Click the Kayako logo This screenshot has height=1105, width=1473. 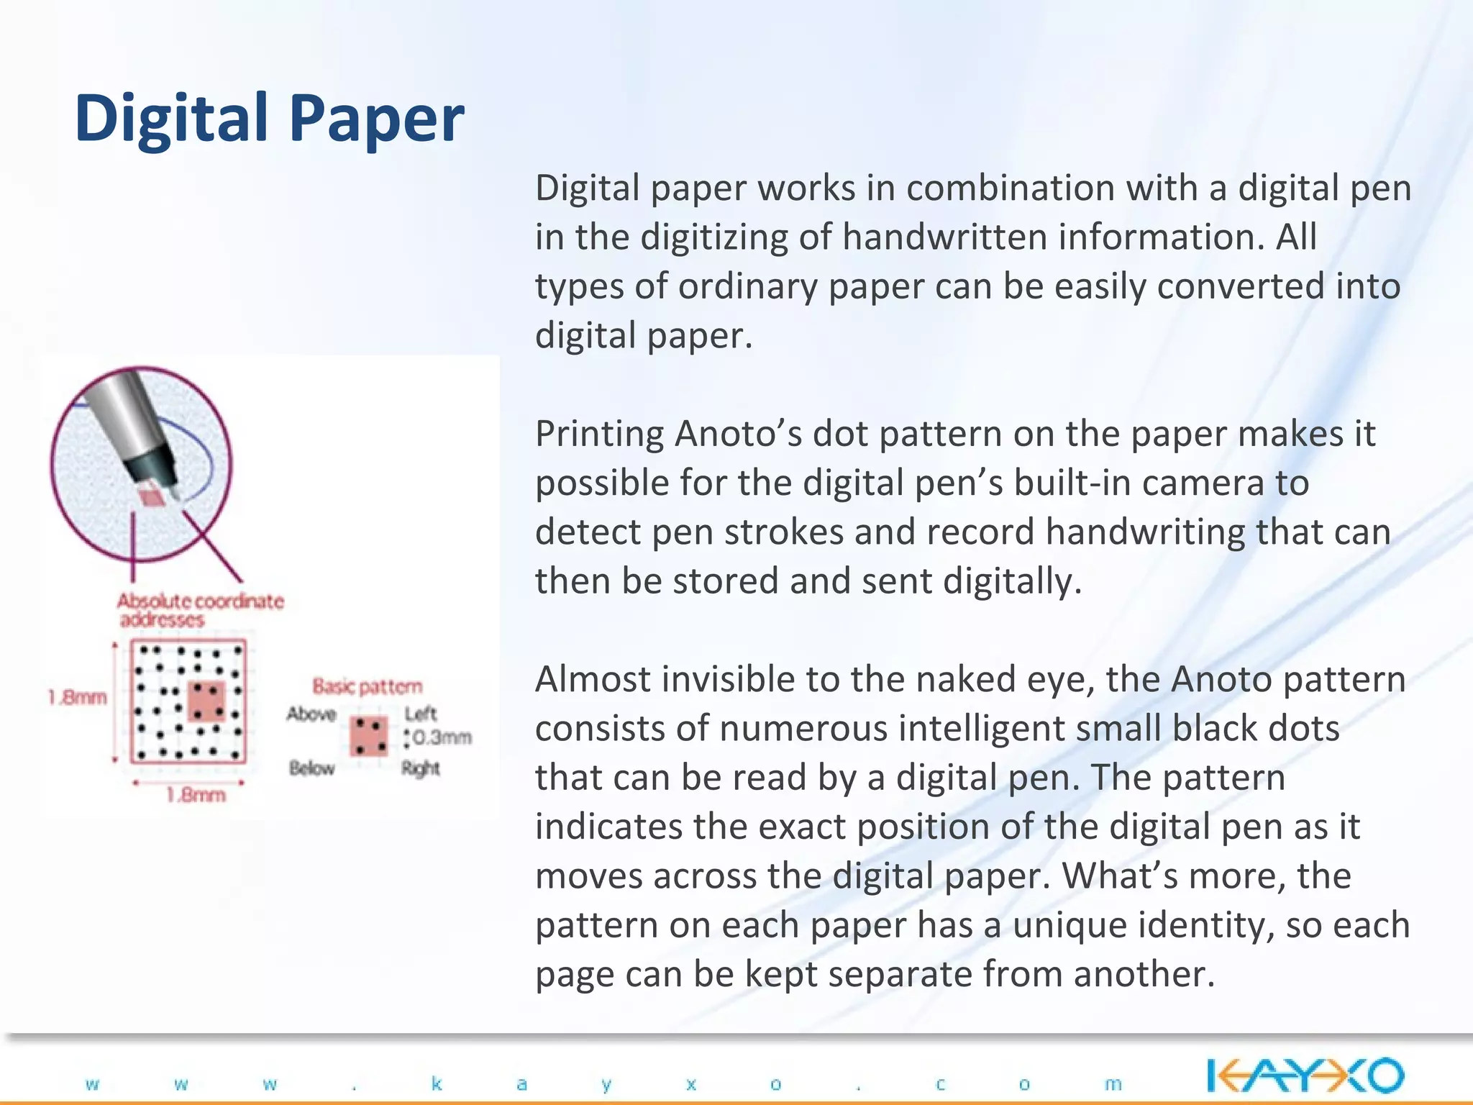pyautogui.click(x=1305, y=1076)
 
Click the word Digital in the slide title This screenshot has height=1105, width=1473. pyautogui.click(x=171, y=119)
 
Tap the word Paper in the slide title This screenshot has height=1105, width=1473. pyautogui.click(x=377, y=119)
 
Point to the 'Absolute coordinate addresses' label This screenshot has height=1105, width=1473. pyautogui.click(x=199, y=610)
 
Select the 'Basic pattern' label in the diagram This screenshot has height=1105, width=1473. pyautogui.click(x=367, y=686)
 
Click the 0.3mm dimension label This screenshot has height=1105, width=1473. pyautogui.click(x=442, y=737)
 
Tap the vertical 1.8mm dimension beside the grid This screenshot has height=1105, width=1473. pyautogui.click(x=78, y=697)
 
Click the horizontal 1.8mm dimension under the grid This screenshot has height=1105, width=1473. pyautogui.click(x=196, y=795)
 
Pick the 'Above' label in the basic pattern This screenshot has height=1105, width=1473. pyautogui.click(x=311, y=714)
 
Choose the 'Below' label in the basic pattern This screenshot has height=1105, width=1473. pyautogui.click(x=312, y=768)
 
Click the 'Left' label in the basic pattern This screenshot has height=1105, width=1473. pyautogui.click(x=421, y=714)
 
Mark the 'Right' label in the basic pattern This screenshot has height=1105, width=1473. pyautogui.click(x=421, y=768)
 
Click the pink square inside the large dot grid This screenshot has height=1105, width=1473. pyautogui.click(x=206, y=701)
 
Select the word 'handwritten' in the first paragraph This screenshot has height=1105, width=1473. pyautogui.click(x=944, y=237)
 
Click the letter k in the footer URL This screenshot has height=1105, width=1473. pyautogui.click(x=437, y=1083)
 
